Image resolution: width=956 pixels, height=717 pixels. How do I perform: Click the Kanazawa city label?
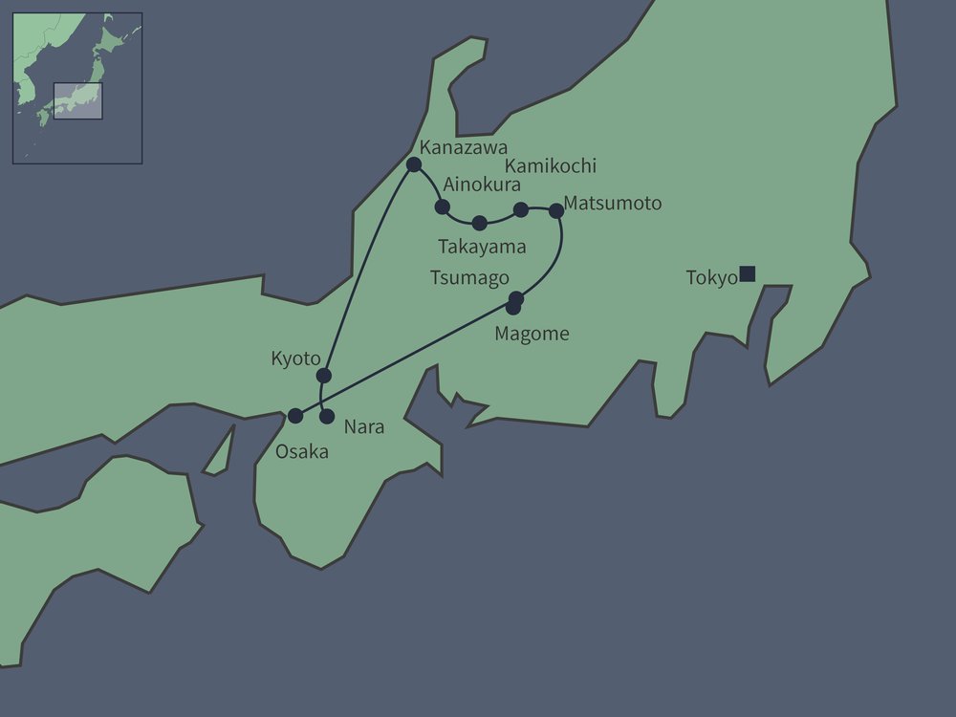pyautogui.click(x=463, y=148)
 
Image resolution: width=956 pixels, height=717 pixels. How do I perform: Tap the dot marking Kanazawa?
pyautogui.click(x=414, y=164)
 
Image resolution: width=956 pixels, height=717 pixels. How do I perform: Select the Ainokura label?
pyautogui.click(x=482, y=185)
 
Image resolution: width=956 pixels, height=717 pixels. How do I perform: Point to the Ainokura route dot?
pyautogui.click(x=443, y=206)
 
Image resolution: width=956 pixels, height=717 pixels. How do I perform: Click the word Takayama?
pyautogui.click(x=482, y=247)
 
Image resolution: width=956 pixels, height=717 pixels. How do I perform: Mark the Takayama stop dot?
pyautogui.click(x=480, y=224)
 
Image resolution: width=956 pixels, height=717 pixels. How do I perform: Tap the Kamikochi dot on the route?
pyautogui.click(x=521, y=209)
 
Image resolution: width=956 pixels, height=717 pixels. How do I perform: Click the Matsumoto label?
pyautogui.click(x=612, y=203)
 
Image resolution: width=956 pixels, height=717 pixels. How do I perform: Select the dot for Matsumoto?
pyautogui.click(x=556, y=210)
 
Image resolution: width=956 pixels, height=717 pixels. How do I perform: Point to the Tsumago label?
pyautogui.click(x=469, y=277)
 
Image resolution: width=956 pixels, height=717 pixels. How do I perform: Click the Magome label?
pyautogui.click(x=532, y=334)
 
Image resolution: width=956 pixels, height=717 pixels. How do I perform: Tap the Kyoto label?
pyautogui.click(x=295, y=358)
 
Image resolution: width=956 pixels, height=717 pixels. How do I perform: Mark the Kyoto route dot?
pyautogui.click(x=324, y=375)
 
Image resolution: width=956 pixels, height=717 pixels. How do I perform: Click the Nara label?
pyautogui.click(x=363, y=427)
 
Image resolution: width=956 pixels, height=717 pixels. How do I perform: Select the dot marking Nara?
pyautogui.click(x=327, y=417)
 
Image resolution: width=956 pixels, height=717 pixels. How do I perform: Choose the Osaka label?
pyautogui.click(x=301, y=452)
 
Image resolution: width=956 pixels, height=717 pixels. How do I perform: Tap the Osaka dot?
pyautogui.click(x=295, y=416)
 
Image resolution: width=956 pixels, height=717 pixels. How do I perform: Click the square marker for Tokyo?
pyautogui.click(x=748, y=274)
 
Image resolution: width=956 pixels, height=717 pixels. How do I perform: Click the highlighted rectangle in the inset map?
pyautogui.click(x=77, y=101)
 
